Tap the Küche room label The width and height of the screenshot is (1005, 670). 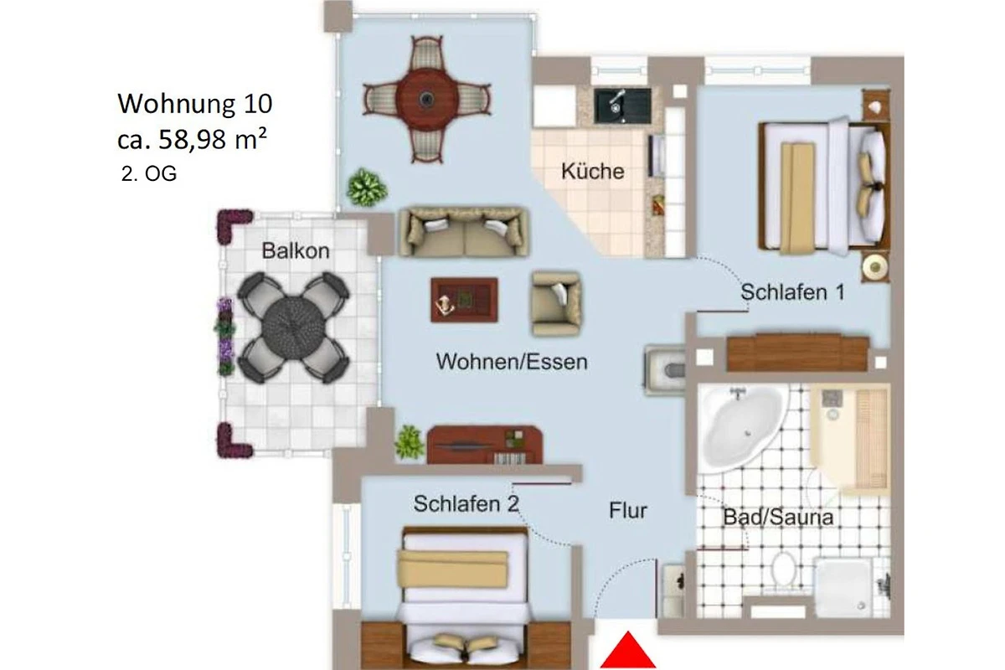pos(593,172)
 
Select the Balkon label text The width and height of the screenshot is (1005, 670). pos(295,250)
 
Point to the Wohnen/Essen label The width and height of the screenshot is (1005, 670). pos(512,362)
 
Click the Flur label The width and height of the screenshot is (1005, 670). pos(627,510)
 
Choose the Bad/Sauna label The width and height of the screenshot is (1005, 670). pos(778,517)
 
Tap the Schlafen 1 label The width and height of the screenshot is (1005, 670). pos(793,292)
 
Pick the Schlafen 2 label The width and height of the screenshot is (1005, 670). pos(466,503)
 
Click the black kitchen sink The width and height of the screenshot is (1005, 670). pos(622,106)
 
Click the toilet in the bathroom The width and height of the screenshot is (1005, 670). pos(783,569)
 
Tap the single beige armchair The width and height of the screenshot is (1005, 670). pos(556,304)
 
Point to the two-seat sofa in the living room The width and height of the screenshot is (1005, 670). pos(464,232)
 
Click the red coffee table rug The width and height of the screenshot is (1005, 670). pos(464,300)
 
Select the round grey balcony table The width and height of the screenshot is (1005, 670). pos(292,327)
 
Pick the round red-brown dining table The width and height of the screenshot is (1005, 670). pos(426,99)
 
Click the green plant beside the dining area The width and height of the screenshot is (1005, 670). pos(367,187)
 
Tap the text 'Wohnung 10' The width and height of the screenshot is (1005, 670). pos(194,104)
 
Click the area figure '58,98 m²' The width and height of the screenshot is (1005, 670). pos(213,139)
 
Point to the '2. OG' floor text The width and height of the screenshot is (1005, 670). pos(149,173)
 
